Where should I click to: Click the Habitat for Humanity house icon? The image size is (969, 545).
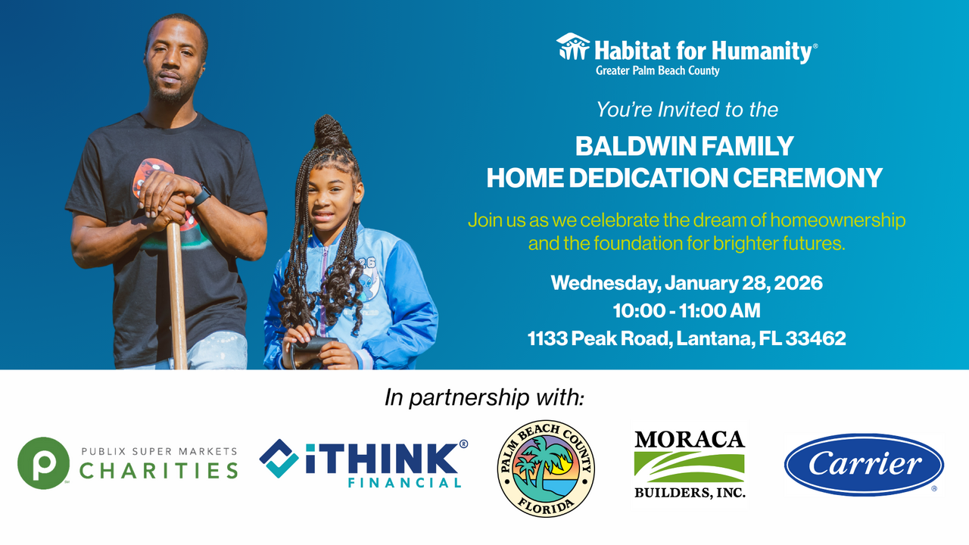pos(573,47)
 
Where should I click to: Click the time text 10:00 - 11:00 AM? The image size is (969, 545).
pos(687,311)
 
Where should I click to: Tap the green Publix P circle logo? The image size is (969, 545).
pos(43,462)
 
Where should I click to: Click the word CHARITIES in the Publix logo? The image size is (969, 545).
pos(159,471)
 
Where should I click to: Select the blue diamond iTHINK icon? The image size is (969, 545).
pos(279,458)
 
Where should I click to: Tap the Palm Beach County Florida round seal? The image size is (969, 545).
pos(546,469)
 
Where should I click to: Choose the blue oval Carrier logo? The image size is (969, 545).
pos(864,464)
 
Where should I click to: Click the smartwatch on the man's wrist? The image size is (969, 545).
pos(201,196)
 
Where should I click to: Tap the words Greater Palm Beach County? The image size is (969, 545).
pos(657,71)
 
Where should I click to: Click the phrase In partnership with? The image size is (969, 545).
pos(484,397)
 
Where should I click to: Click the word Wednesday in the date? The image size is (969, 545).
pos(600,284)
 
